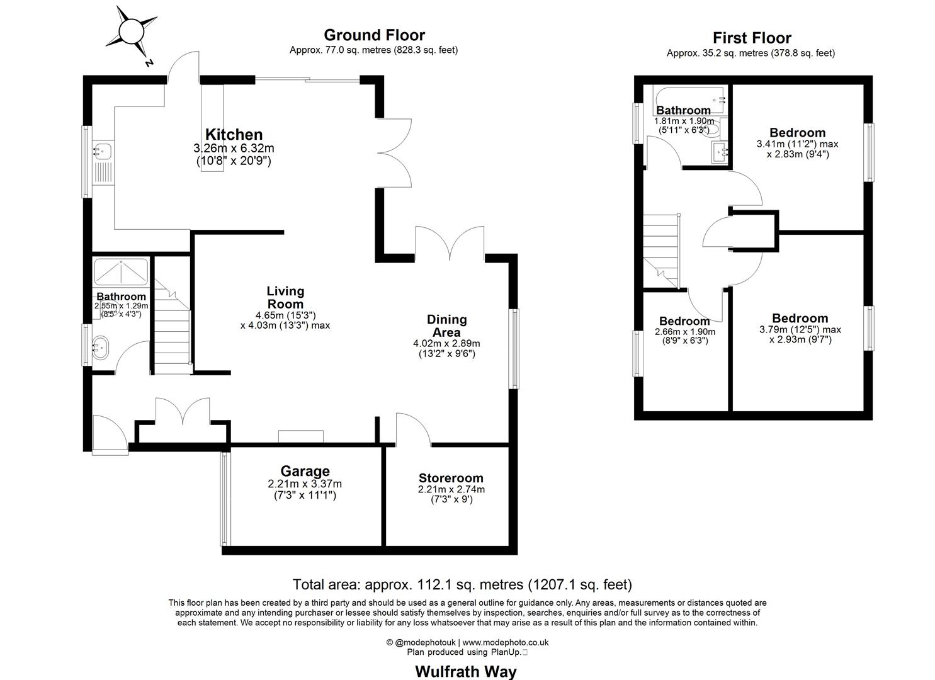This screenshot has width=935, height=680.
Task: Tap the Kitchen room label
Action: coord(234,134)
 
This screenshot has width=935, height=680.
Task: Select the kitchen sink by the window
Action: coord(103,151)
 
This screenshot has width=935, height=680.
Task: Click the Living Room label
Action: coord(285,297)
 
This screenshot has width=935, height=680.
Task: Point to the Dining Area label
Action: coord(446,326)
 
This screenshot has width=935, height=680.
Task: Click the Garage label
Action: coord(305,471)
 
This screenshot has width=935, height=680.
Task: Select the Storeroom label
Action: coord(451,478)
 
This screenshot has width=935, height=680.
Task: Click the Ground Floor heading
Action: coord(374,35)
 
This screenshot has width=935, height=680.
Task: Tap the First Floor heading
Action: coord(751,38)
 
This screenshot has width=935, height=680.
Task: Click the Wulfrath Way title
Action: coord(465,671)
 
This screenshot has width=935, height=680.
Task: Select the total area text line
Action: coord(462,585)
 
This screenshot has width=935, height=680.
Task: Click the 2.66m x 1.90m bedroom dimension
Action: coord(684,332)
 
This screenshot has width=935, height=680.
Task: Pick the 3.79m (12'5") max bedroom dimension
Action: coord(800,329)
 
